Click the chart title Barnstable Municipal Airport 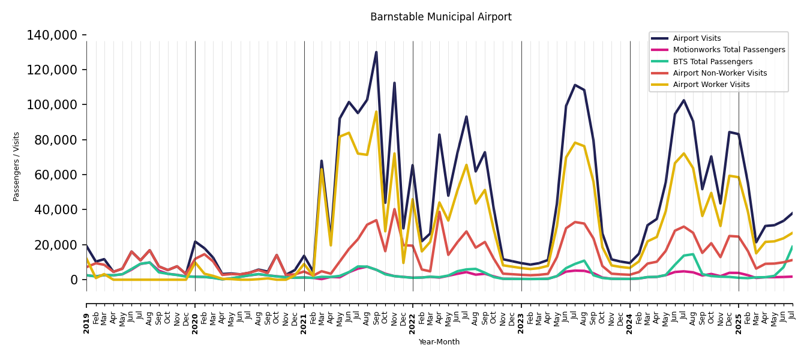(x=440, y=17)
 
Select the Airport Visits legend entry (x=697, y=38)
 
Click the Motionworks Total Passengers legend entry (x=728, y=50)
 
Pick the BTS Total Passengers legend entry (x=712, y=62)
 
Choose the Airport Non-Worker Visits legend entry (x=719, y=73)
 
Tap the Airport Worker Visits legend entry (x=711, y=85)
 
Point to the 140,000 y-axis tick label (x=52, y=35)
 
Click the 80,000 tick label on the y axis (x=55, y=140)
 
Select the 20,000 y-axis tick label (x=55, y=245)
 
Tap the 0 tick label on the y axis (x=74, y=280)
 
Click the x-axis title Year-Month (x=439, y=342)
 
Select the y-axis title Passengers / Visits (x=17, y=166)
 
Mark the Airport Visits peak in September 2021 (x=376, y=52)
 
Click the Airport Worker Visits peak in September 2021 (x=376, y=112)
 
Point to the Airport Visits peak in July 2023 (x=575, y=85)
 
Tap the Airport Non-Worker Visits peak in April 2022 (x=439, y=211)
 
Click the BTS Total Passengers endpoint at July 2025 (x=793, y=246)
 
